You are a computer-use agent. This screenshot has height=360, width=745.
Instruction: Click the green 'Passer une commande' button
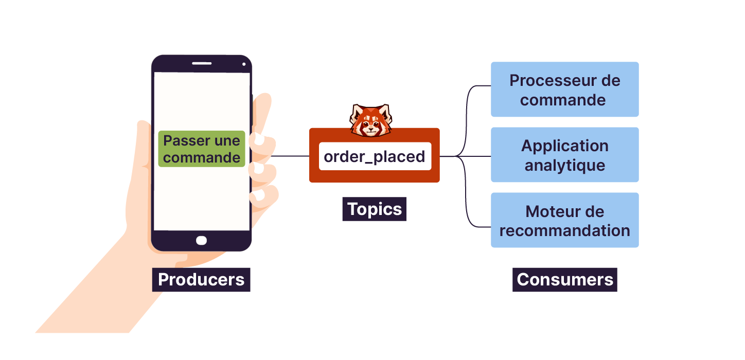pyautogui.click(x=201, y=149)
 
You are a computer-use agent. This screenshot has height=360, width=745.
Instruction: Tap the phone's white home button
pyautogui.click(x=202, y=240)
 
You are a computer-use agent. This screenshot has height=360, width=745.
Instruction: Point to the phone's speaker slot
pyautogui.click(x=202, y=63)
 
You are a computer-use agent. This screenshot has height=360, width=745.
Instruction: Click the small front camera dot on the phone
pyautogui.click(x=244, y=64)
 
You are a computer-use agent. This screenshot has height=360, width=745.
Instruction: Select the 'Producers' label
pyautogui.click(x=201, y=280)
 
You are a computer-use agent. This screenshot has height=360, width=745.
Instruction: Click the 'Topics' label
pyautogui.click(x=375, y=209)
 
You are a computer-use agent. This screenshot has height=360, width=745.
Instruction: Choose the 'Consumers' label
pyautogui.click(x=565, y=280)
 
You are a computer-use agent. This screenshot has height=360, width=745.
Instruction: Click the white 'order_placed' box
pyautogui.click(x=375, y=156)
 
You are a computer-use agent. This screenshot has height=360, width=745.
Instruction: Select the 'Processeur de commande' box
pyautogui.click(x=564, y=89)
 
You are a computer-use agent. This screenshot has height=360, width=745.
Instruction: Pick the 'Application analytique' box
pyautogui.click(x=564, y=155)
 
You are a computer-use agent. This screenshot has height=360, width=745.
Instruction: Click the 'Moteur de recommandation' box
pyautogui.click(x=564, y=220)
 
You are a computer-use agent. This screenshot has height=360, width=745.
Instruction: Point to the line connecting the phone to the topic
pyautogui.click(x=289, y=156)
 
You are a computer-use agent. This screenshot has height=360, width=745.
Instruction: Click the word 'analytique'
pyautogui.click(x=564, y=166)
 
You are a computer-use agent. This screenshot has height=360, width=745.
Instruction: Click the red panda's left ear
pyautogui.click(x=356, y=110)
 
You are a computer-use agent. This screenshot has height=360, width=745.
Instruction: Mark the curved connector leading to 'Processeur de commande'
pyautogui.click(x=469, y=103)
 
